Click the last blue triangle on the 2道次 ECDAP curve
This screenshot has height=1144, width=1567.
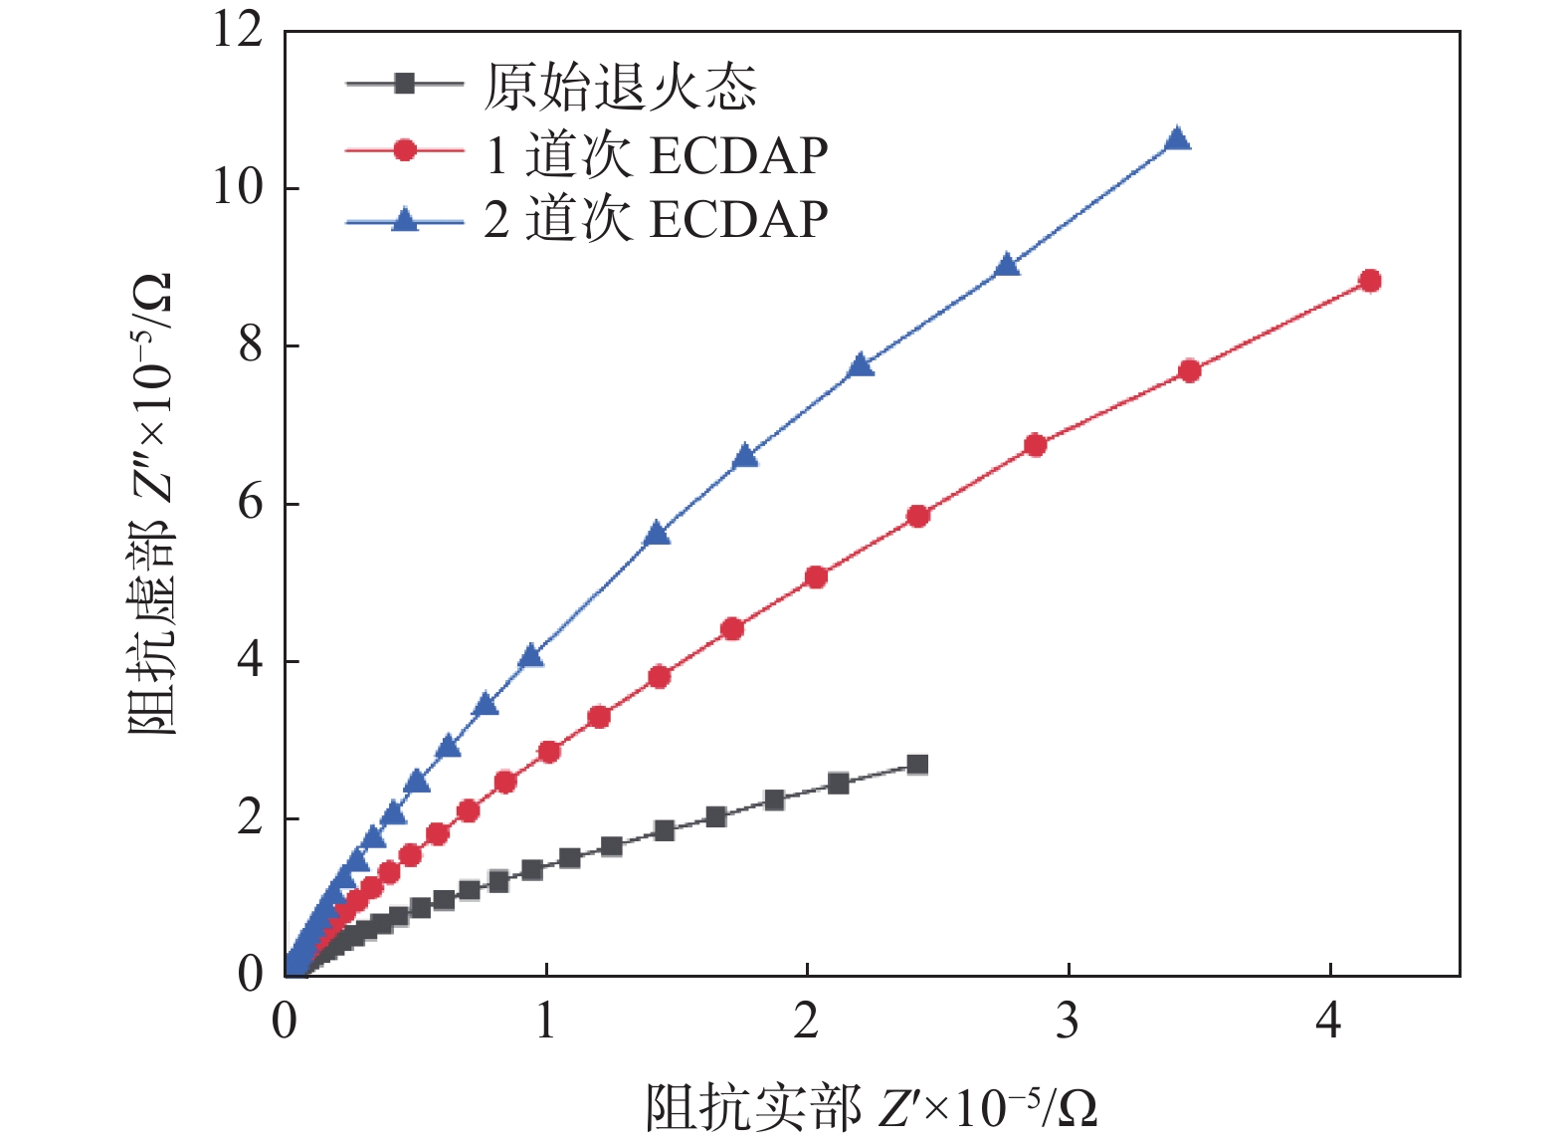coord(1177,139)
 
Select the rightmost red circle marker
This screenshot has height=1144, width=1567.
coord(1370,281)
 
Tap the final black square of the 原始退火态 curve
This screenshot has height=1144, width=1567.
coord(917,765)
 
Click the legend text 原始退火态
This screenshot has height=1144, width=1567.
coord(620,88)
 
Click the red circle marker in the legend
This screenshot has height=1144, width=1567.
coord(405,150)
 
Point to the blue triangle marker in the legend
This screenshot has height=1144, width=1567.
coord(405,219)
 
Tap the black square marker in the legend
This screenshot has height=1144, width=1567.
coord(404,84)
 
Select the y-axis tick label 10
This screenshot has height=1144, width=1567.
coord(238,187)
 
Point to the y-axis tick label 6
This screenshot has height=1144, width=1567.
coord(250,503)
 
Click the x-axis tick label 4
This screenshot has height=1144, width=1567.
coord(1329,1022)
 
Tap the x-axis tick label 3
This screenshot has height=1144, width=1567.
coord(1068,1022)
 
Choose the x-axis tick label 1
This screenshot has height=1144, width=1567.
coord(545,1022)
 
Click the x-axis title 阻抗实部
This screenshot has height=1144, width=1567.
coord(752,1107)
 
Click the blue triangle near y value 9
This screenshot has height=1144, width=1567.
coord(1007,266)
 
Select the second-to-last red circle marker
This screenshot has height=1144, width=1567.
coord(1189,371)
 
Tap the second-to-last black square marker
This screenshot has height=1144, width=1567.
coord(839,784)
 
